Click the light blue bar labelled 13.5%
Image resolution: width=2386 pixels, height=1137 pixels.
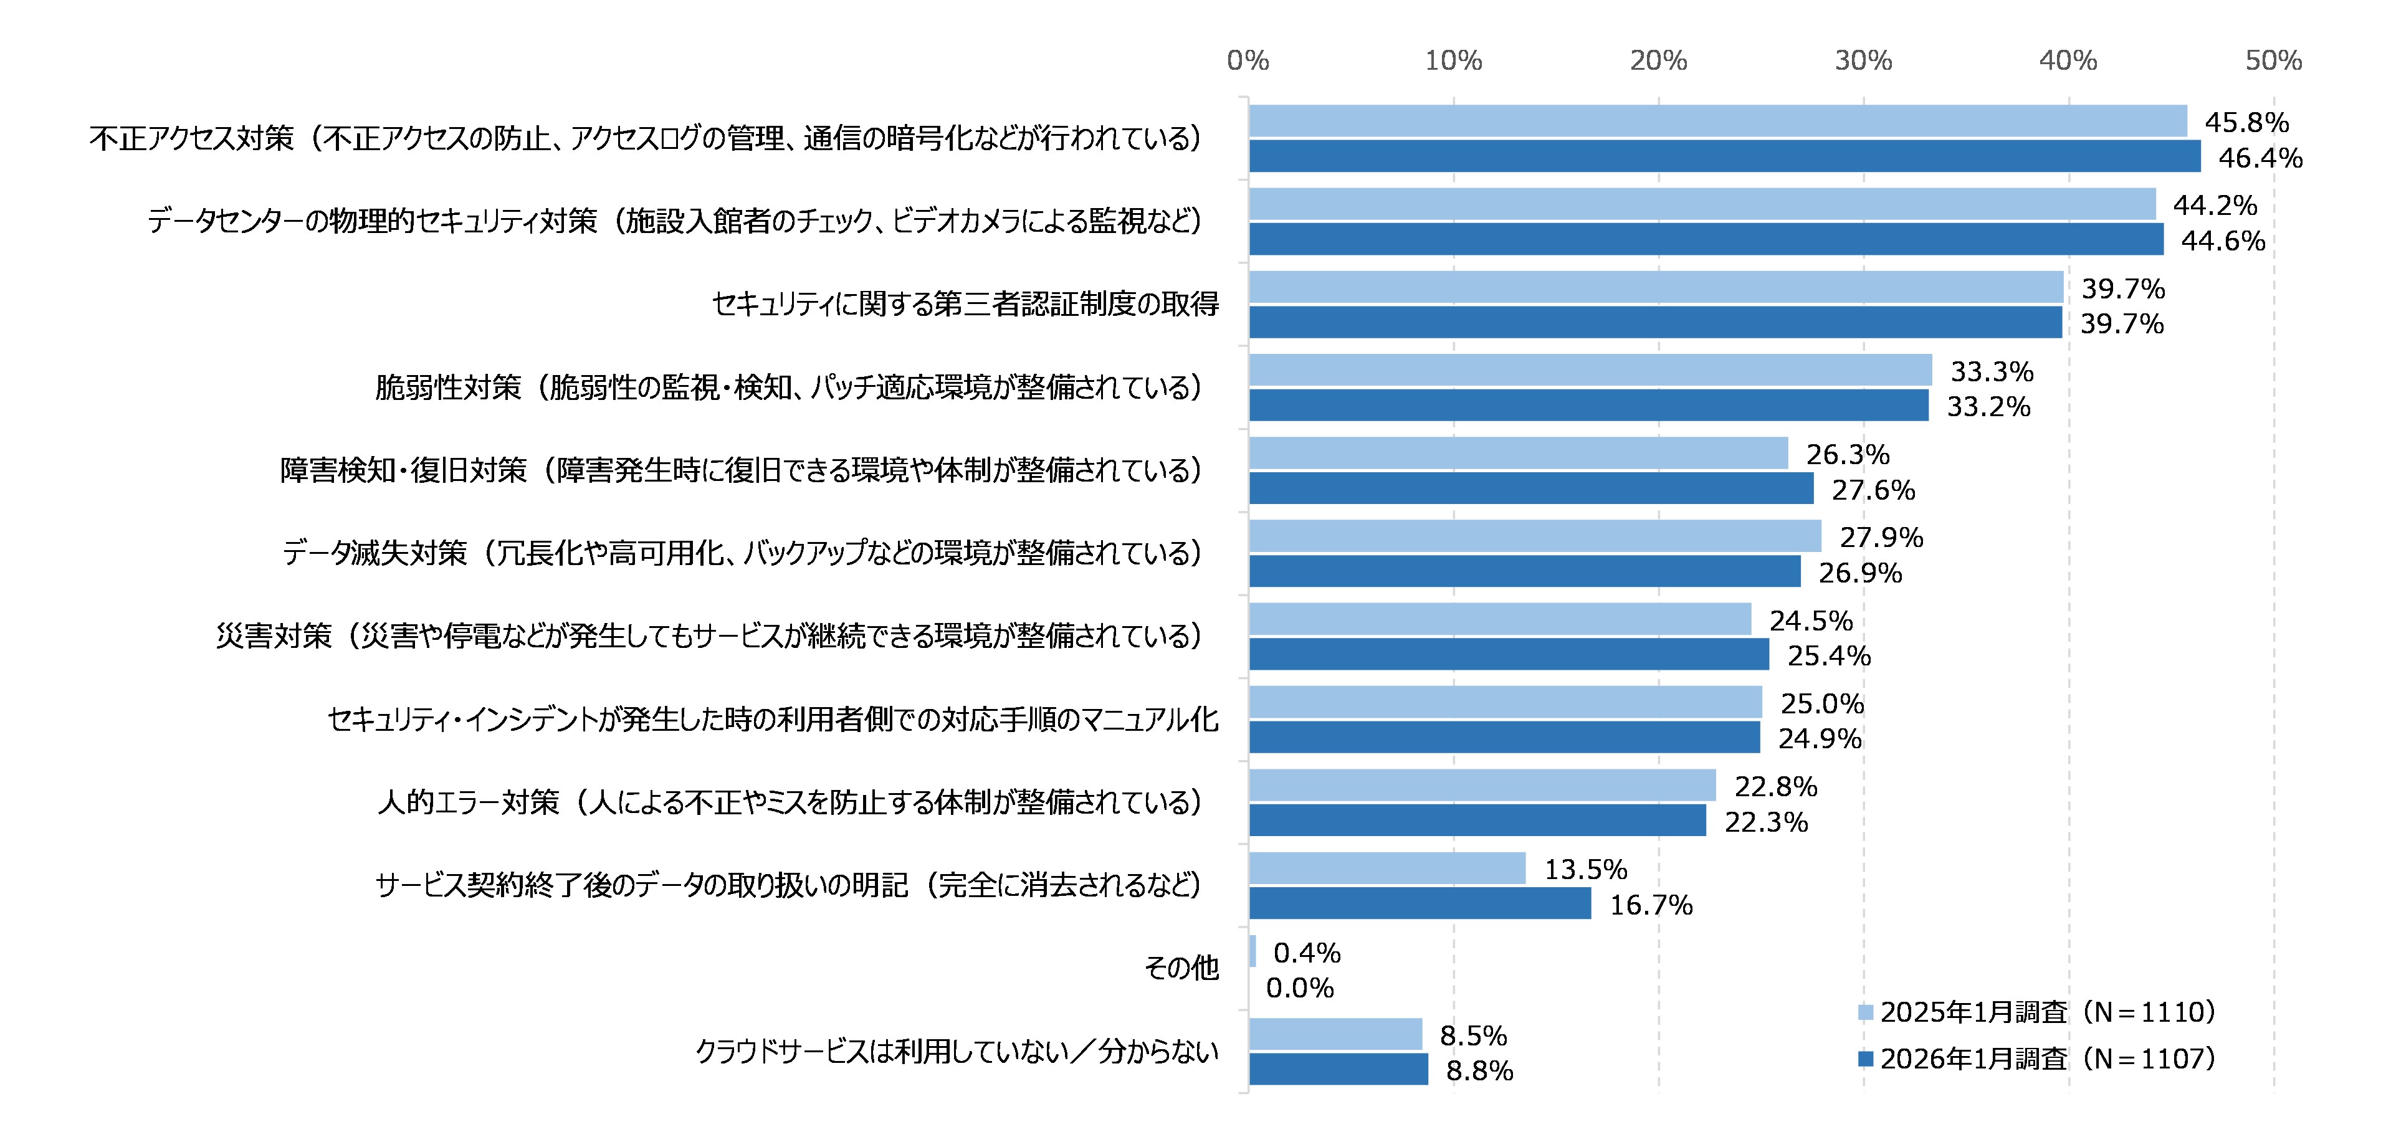coord(1386,868)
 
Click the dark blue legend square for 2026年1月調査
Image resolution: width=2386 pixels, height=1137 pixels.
coord(1866,1059)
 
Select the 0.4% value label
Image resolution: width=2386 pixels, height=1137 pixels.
coord(1306,953)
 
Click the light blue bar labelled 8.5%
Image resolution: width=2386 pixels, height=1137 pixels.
coord(1335,1034)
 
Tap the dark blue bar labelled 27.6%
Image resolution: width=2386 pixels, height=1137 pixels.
coord(1530,489)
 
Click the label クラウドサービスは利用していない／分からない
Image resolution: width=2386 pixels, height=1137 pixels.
coord(956,1051)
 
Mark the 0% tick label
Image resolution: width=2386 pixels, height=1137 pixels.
coord(1248,61)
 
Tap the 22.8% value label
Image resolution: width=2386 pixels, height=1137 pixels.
coord(1775,787)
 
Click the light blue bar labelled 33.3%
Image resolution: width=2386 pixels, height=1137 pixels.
coord(1590,370)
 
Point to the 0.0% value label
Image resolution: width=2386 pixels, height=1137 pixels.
coord(1299,988)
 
